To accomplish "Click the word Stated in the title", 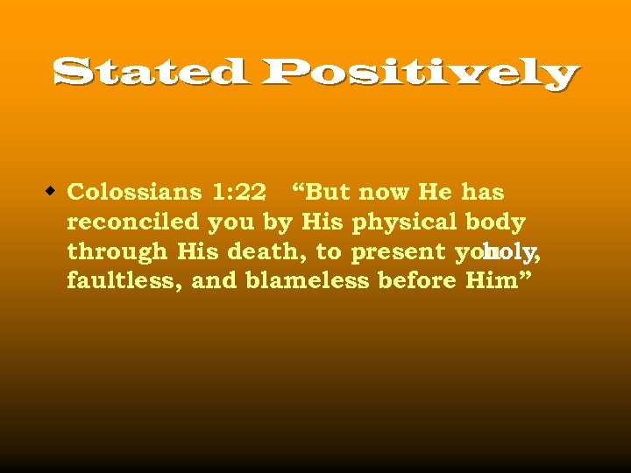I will pyautogui.click(x=149, y=73).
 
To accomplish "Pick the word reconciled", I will pyautogui.click(x=134, y=222).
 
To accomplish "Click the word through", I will pyautogui.click(x=117, y=252).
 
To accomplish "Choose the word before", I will pyautogui.click(x=417, y=281).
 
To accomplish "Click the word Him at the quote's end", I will pyautogui.click(x=488, y=281).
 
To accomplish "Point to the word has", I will pyautogui.click(x=483, y=192).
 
